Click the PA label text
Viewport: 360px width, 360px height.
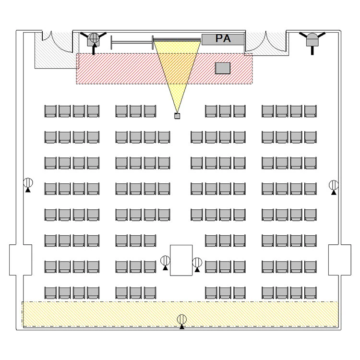coord(223,38)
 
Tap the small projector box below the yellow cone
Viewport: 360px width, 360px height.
coord(177,116)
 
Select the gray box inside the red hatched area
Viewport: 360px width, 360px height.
coord(222,68)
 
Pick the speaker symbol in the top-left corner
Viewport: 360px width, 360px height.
coord(94,39)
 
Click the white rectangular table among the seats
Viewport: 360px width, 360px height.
coord(181,260)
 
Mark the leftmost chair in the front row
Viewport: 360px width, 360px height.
coord(50,111)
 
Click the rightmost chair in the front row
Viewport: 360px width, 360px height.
coord(311,111)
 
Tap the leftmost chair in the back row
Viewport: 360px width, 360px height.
coord(50,293)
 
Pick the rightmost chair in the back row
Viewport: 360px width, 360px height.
coord(311,293)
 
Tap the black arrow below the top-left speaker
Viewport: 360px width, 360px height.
coord(94,49)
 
